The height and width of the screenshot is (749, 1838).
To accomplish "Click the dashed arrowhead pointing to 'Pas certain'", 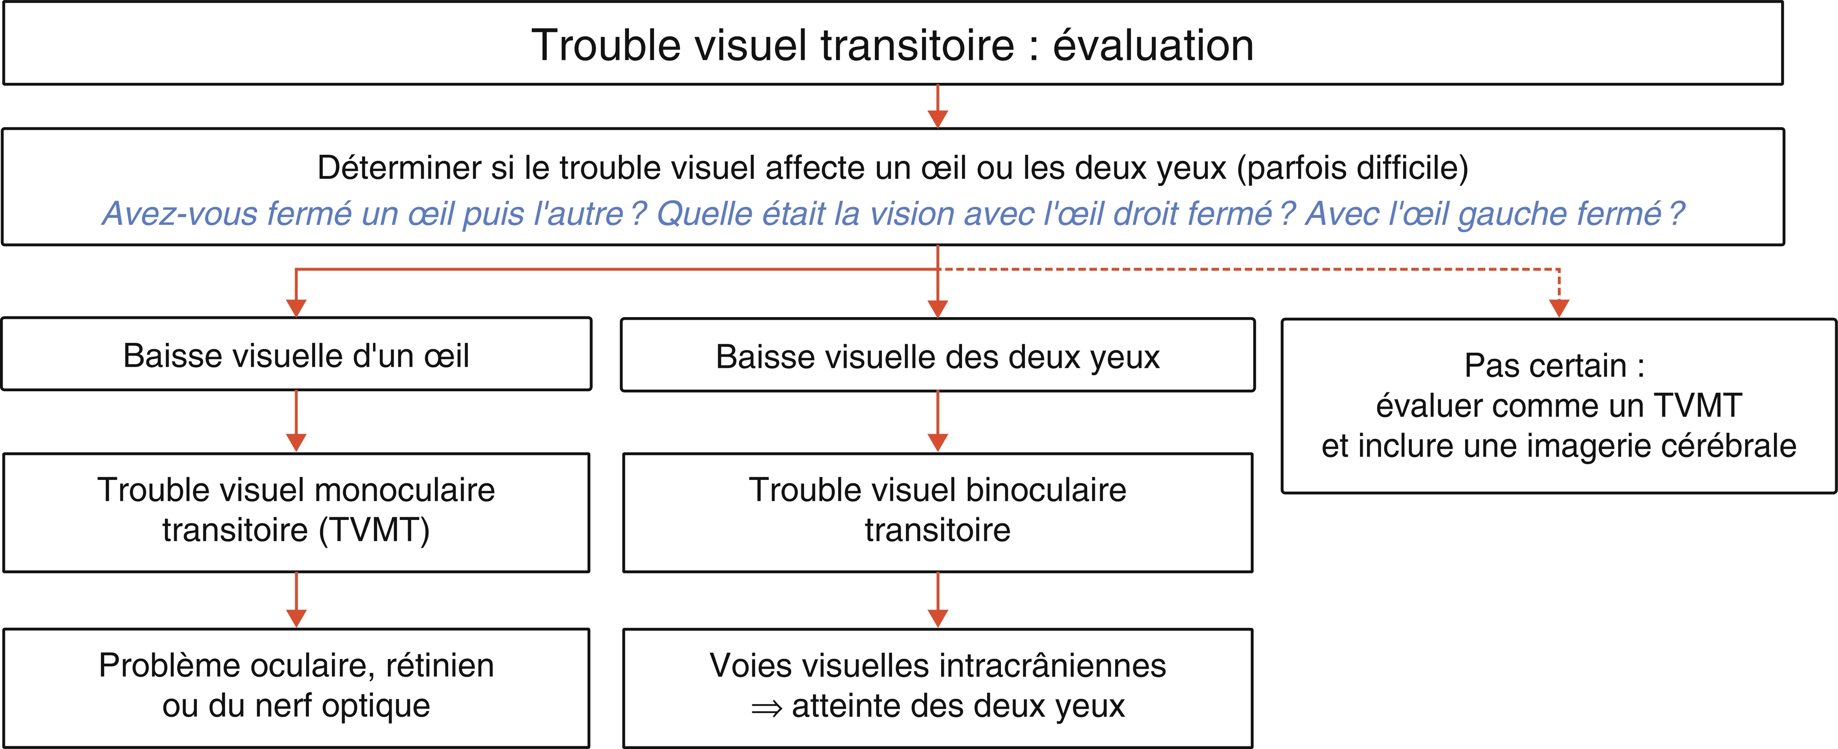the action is [x=1559, y=308].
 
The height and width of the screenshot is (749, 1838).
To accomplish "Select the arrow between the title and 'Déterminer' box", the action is [x=937, y=106].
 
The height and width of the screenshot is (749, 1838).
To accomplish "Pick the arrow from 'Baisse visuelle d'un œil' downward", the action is [x=296, y=421].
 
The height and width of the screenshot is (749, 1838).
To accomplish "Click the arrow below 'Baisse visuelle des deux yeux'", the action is [x=937, y=422].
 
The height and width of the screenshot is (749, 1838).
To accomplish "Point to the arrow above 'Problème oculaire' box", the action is [x=296, y=600].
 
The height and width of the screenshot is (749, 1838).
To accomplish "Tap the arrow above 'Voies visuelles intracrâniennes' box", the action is [x=937, y=600].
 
